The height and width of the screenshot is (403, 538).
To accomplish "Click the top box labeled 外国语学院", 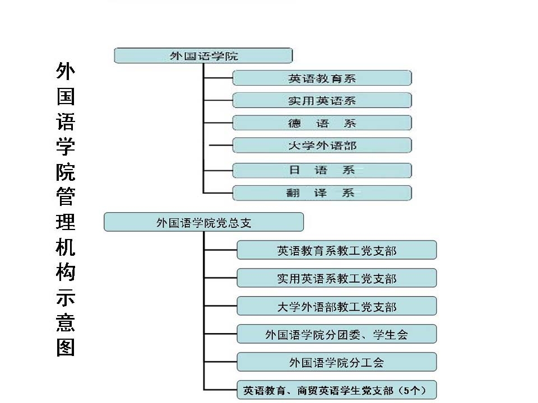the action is (x=203, y=55).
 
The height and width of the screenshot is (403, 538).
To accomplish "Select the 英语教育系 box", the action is (x=322, y=78).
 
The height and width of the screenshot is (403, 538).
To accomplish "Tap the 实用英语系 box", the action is (x=322, y=100).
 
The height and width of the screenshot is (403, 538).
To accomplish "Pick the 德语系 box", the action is (x=322, y=123).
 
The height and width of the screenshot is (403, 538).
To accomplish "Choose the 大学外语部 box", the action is (x=322, y=146).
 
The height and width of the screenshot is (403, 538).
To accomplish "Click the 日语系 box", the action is (x=322, y=170).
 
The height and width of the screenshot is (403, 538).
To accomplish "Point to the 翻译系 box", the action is (x=322, y=193).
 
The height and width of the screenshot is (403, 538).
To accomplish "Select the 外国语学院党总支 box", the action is (x=204, y=222).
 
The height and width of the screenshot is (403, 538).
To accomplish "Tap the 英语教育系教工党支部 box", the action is (x=337, y=250).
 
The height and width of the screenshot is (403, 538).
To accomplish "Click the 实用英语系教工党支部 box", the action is (x=337, y=278).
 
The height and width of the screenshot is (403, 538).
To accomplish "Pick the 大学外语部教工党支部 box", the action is (x=337, y=306).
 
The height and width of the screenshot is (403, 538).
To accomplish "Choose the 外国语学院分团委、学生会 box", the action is (x=337, y=334).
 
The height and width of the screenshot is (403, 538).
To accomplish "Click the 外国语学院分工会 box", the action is (x=337, y=362).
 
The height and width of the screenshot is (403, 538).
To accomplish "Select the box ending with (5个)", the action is (x=337, y=390).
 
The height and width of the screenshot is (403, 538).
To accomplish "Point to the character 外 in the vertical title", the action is (x=66, y=71).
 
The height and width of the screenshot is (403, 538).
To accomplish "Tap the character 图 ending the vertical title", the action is (x=66, y=348).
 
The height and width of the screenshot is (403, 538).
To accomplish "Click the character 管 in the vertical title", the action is (x=66, y=196).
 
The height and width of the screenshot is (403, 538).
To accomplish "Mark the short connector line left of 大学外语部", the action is (x=221, y=146).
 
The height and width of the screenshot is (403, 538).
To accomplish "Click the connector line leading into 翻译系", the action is (x=218, y=193).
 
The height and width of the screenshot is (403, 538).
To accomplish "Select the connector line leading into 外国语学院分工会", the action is (x=221, y=362).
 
